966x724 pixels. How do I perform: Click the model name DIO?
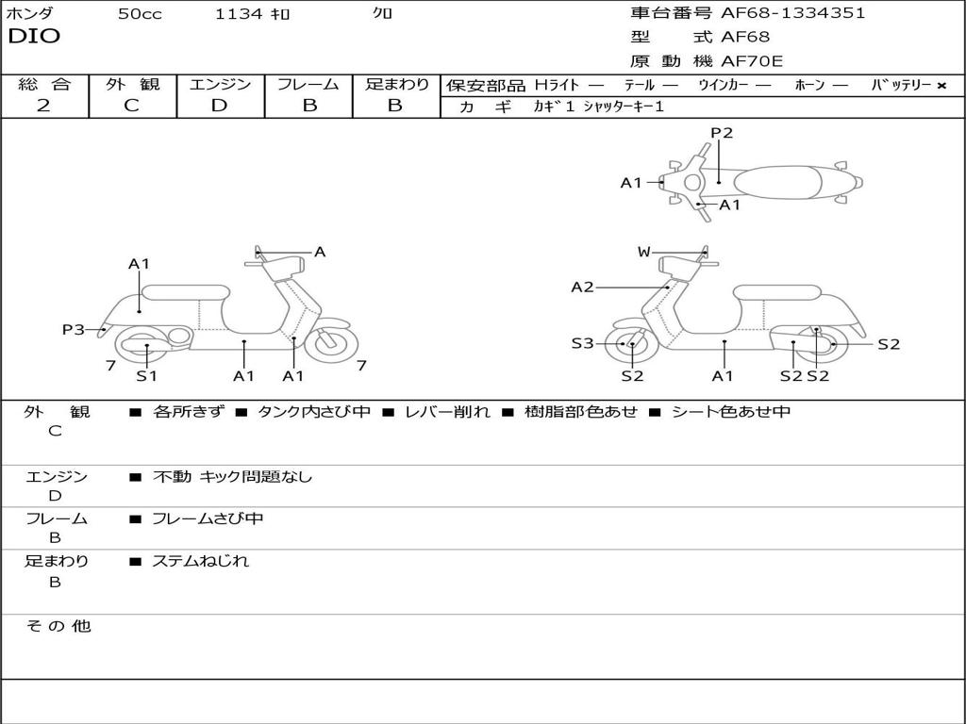[34, 37]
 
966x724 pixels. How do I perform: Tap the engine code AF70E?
[752, 62]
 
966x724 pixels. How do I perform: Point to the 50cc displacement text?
[140, 14]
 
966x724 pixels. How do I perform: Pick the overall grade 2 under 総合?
[43, 106]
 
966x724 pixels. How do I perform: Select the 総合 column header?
[44, 85]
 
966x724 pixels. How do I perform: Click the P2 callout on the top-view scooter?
[722, 133]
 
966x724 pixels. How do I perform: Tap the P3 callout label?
[74, 329]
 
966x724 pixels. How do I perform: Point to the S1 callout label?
[146, 376]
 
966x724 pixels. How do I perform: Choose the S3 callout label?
[582, 344]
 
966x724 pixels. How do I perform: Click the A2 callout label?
[582, 287]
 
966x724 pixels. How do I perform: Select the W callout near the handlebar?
[643, 252]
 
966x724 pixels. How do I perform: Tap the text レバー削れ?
[447, 412]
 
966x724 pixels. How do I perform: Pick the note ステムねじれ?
[200, 561]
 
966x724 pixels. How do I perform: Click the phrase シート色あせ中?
[730, 412]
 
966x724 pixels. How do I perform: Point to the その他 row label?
[58, 626]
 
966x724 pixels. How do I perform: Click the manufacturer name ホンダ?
[30, 13]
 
